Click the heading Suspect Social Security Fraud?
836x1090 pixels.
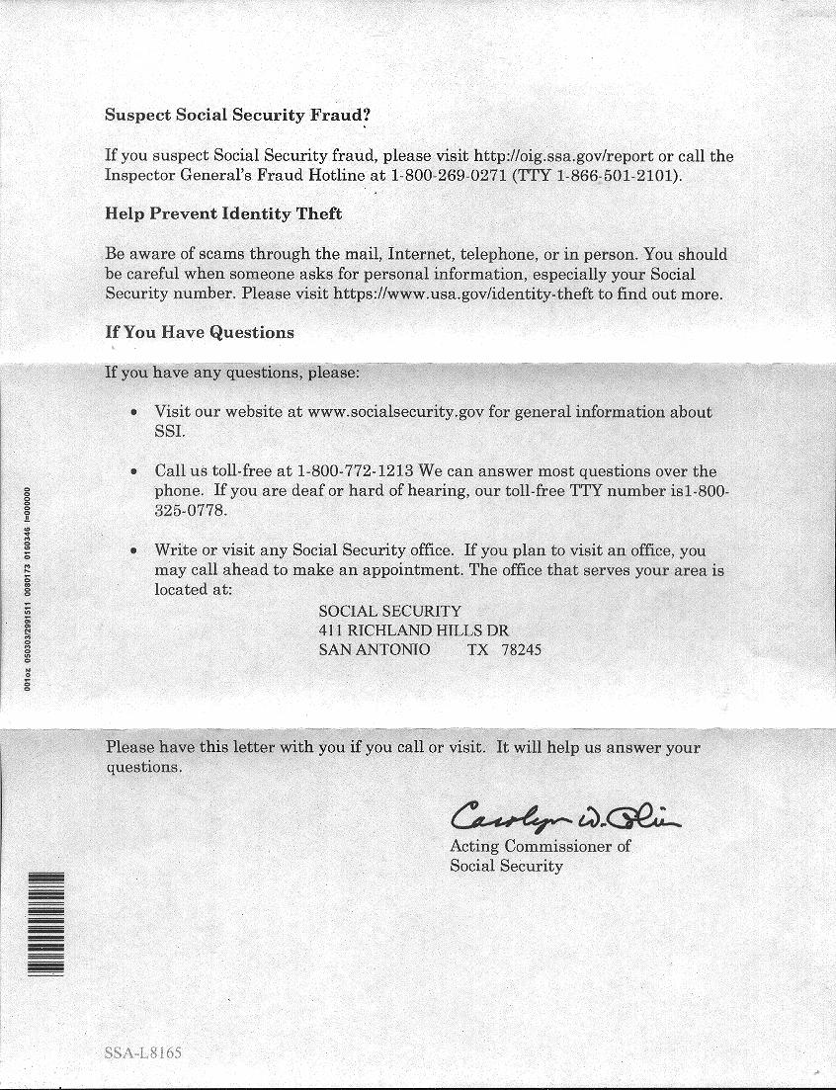tap(237, 114)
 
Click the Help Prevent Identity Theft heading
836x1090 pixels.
tap(223, 213)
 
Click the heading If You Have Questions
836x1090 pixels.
tap(200, 332)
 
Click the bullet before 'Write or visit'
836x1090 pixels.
tap(133, 550)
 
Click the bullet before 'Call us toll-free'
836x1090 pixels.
tap(133, 471)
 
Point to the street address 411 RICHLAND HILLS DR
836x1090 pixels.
tap(413, 629)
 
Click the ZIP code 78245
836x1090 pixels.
tap(521, 649)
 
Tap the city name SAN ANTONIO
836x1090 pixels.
tap(374, 649)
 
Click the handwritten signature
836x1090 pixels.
tap(563, 816)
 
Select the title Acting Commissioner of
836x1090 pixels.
tap(540, 846)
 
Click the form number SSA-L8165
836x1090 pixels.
tap(142, 1053)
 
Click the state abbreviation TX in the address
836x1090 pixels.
tap(477, 649)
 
